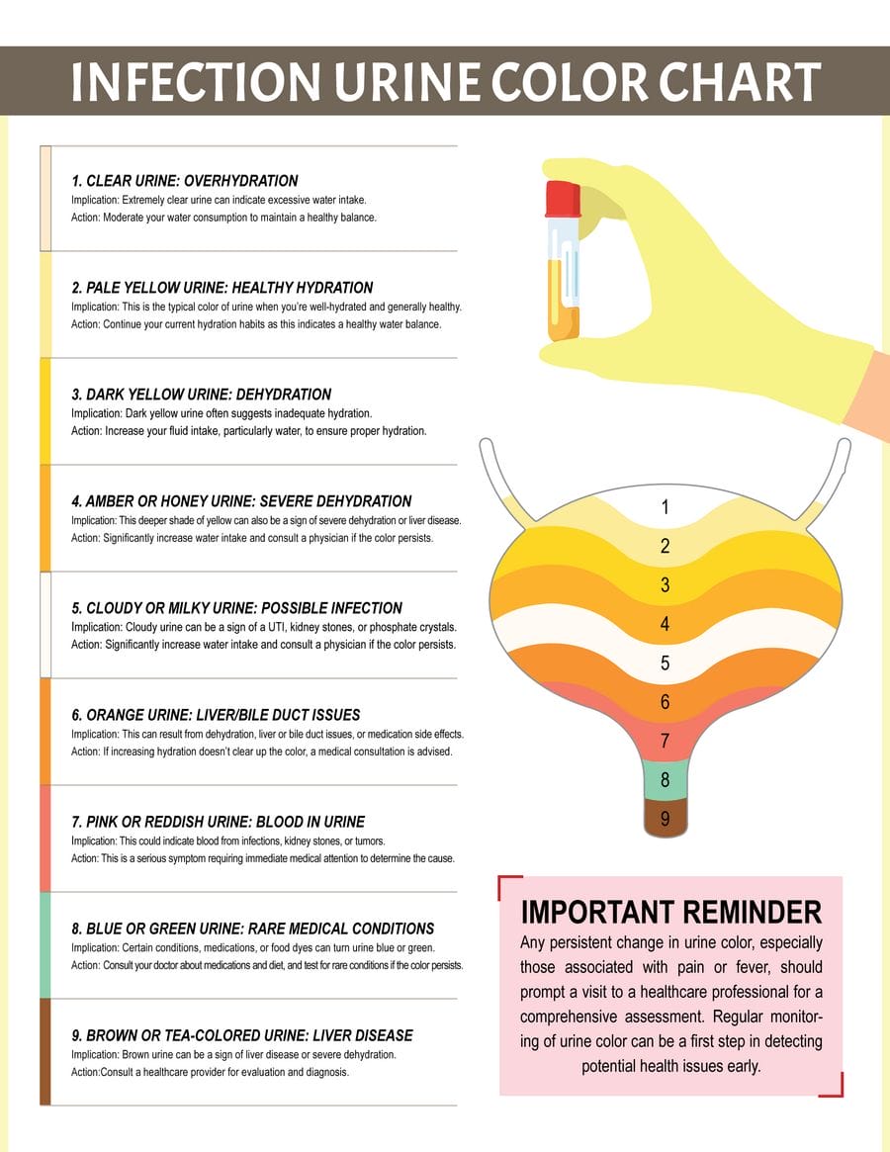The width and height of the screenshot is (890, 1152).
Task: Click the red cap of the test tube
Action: (x=562, y=198)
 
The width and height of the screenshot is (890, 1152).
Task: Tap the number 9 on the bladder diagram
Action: (x=666, y=819)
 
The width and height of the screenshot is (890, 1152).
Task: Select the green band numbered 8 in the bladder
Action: (x=666, y=780)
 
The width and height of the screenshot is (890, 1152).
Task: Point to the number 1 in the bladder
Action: (x=666, y=507)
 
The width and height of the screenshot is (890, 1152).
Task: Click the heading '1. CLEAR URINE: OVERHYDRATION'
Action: (x=185, y=181)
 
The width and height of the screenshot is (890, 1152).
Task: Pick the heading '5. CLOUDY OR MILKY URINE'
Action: (x=237, y=608)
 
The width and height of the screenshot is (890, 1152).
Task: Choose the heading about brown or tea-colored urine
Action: (x=242, y=1035)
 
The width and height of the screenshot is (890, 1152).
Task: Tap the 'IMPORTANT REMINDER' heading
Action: (x=670, y=912)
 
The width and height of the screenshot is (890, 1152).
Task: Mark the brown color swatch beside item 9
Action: (x=44, y=1051)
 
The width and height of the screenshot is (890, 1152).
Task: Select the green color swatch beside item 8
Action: (x=44, y=944)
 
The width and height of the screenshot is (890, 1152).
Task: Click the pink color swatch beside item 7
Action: (x=44, y=839)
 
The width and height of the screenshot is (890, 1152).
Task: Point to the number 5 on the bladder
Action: (x=666, y=664)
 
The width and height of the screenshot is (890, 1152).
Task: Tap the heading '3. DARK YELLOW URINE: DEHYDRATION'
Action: (x=202, y=395)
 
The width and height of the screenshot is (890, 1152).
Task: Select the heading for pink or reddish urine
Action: (x=219, y=822)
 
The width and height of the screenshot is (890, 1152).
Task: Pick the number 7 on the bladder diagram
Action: (x=666, y=741)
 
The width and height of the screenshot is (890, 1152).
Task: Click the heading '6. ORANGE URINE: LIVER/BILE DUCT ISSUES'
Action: (x=216, y=715)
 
